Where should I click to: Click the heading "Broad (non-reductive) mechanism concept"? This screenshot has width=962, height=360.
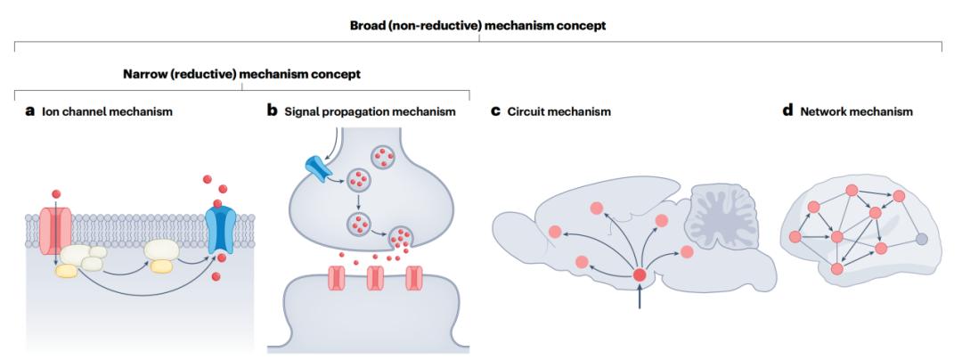click(x=477, y=26)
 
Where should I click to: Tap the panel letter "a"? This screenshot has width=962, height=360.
click(x=30, y=112)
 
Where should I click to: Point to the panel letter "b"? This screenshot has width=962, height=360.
click(x=273, y=112)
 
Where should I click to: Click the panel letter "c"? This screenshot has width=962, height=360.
click(x=496, y=112)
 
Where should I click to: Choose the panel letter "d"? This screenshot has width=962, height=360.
click(x=787, y=112)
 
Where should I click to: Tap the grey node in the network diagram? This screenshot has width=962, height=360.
click(x=921, y=239)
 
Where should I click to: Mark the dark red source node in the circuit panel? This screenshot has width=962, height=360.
click(x=640, y=274)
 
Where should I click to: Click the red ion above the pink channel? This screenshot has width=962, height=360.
click(x=55, y=192)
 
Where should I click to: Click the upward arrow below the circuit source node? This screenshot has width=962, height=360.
click(x=640, y=299)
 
